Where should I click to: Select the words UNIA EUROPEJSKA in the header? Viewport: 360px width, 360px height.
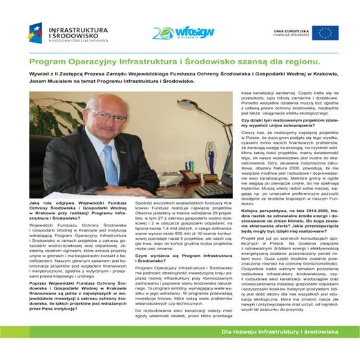click(x=289, y=30)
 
